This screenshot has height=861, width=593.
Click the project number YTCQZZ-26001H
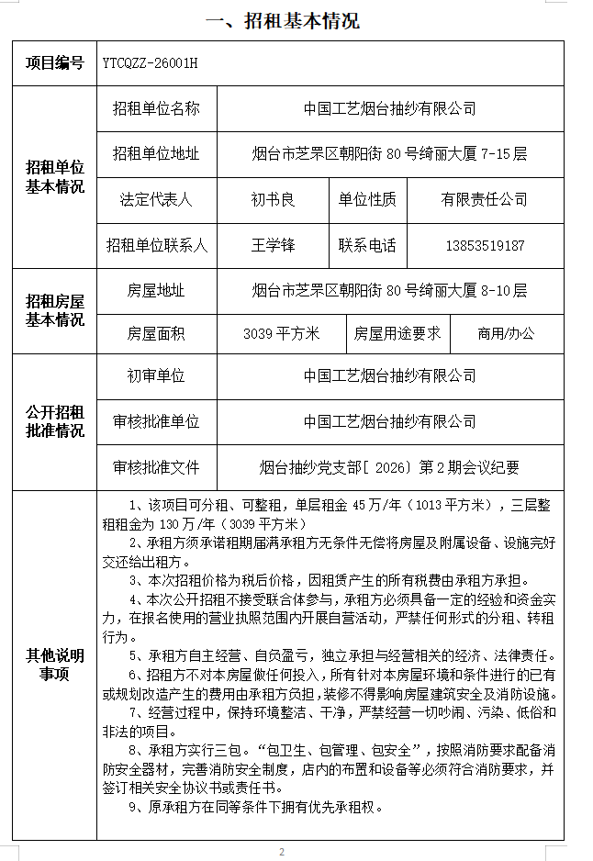coord(151,63)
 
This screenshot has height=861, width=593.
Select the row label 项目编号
coord(54,63)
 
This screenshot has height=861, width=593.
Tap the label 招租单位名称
coord(156,108)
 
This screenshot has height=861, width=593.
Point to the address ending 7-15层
coord(389,153)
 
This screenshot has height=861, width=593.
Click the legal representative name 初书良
coord(273,199)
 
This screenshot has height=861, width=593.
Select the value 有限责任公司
coord(484,199)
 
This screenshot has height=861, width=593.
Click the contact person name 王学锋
coord(273,245)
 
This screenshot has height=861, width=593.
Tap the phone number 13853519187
coord(484,245)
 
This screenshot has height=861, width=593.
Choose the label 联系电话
coord(367,245)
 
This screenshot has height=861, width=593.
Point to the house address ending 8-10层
coord(389,291)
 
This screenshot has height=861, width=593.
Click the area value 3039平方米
coord(281,334)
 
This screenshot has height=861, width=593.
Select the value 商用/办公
coord(505,334)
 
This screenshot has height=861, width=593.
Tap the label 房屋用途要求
coord(397,334)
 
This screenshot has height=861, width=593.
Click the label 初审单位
coord(156,375)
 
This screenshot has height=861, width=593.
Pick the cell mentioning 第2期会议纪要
coord(389,467)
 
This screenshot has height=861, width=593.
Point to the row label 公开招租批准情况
coord(54,421)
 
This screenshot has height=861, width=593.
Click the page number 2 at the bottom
coord(282,852)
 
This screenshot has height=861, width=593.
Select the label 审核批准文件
coord(156,467)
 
